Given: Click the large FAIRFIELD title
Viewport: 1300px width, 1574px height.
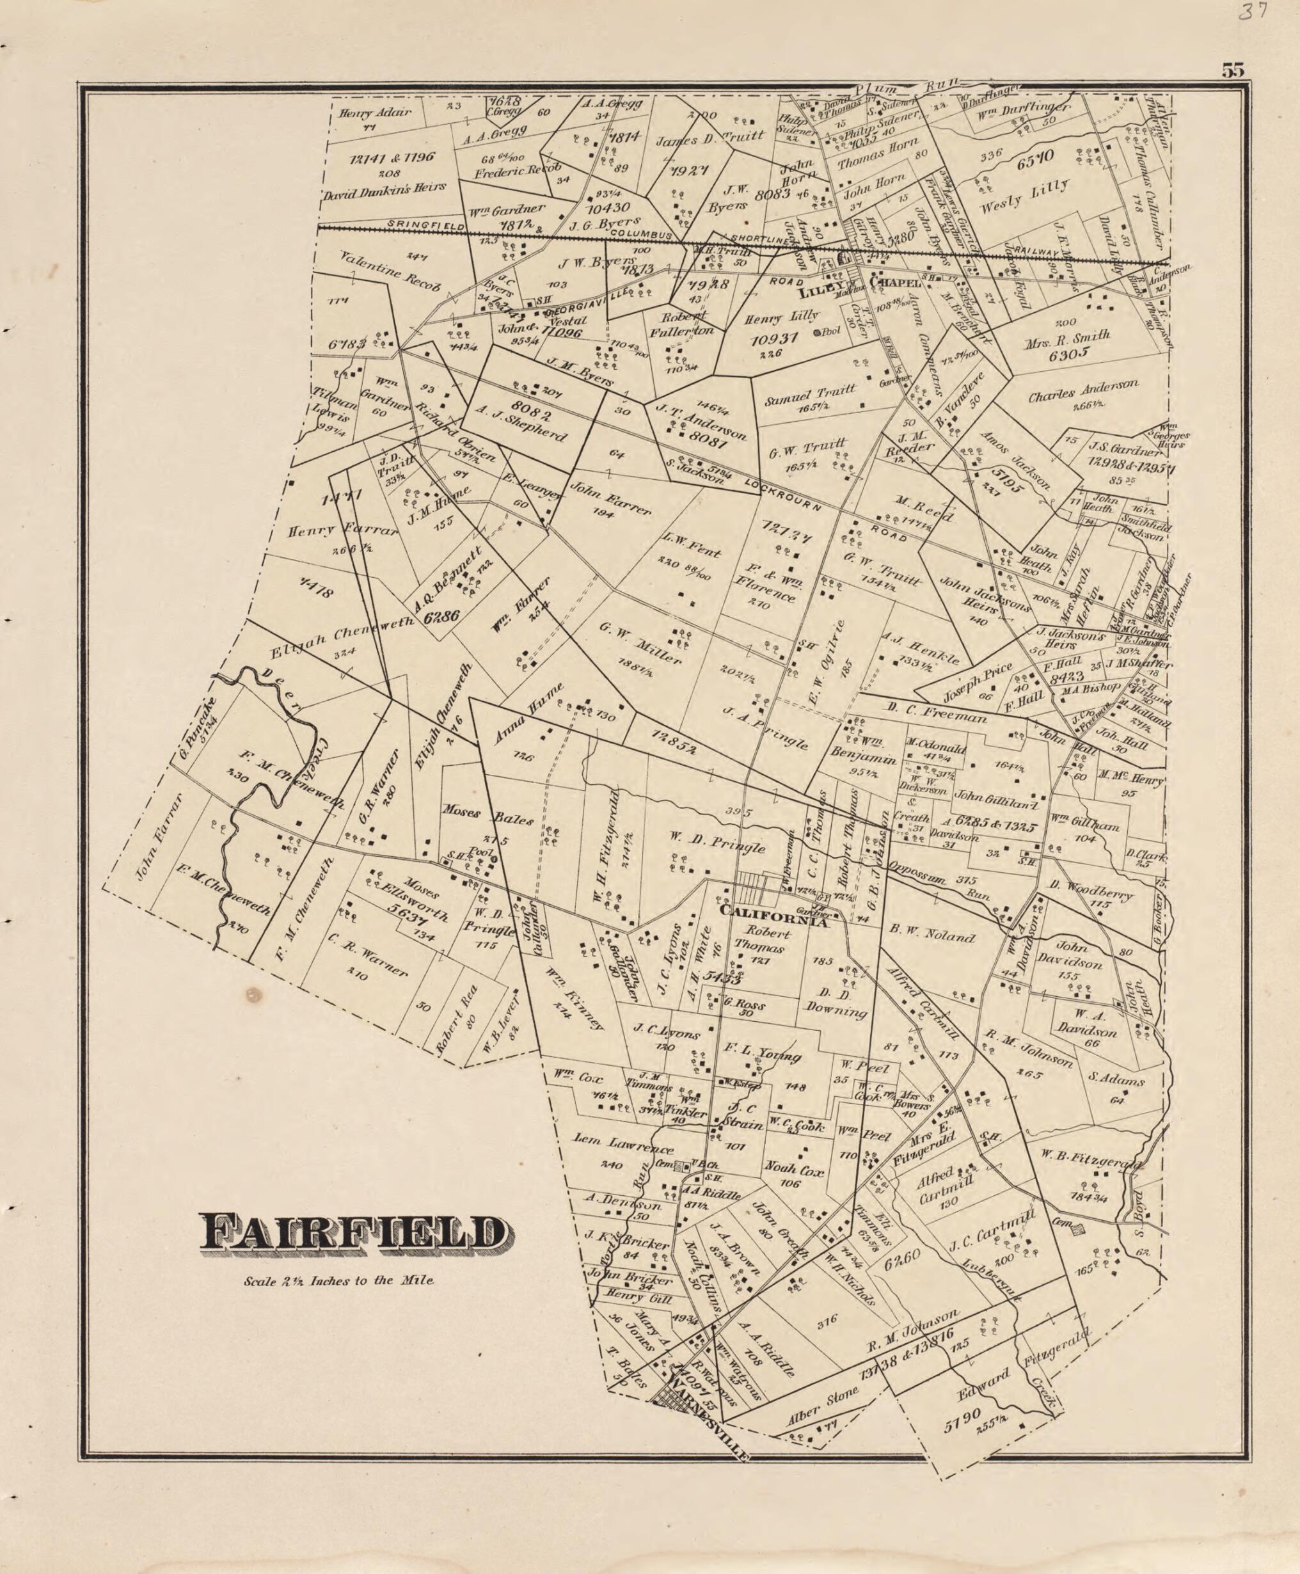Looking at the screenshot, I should click(351, 1232).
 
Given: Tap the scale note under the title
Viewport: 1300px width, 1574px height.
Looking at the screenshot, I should click(338, 1280).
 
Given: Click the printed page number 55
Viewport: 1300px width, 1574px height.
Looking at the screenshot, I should click(1233, 71).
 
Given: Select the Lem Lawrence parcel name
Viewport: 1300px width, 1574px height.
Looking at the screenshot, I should click(623, 1144).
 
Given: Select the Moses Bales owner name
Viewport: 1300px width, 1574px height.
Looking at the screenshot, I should click(487, 815).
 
